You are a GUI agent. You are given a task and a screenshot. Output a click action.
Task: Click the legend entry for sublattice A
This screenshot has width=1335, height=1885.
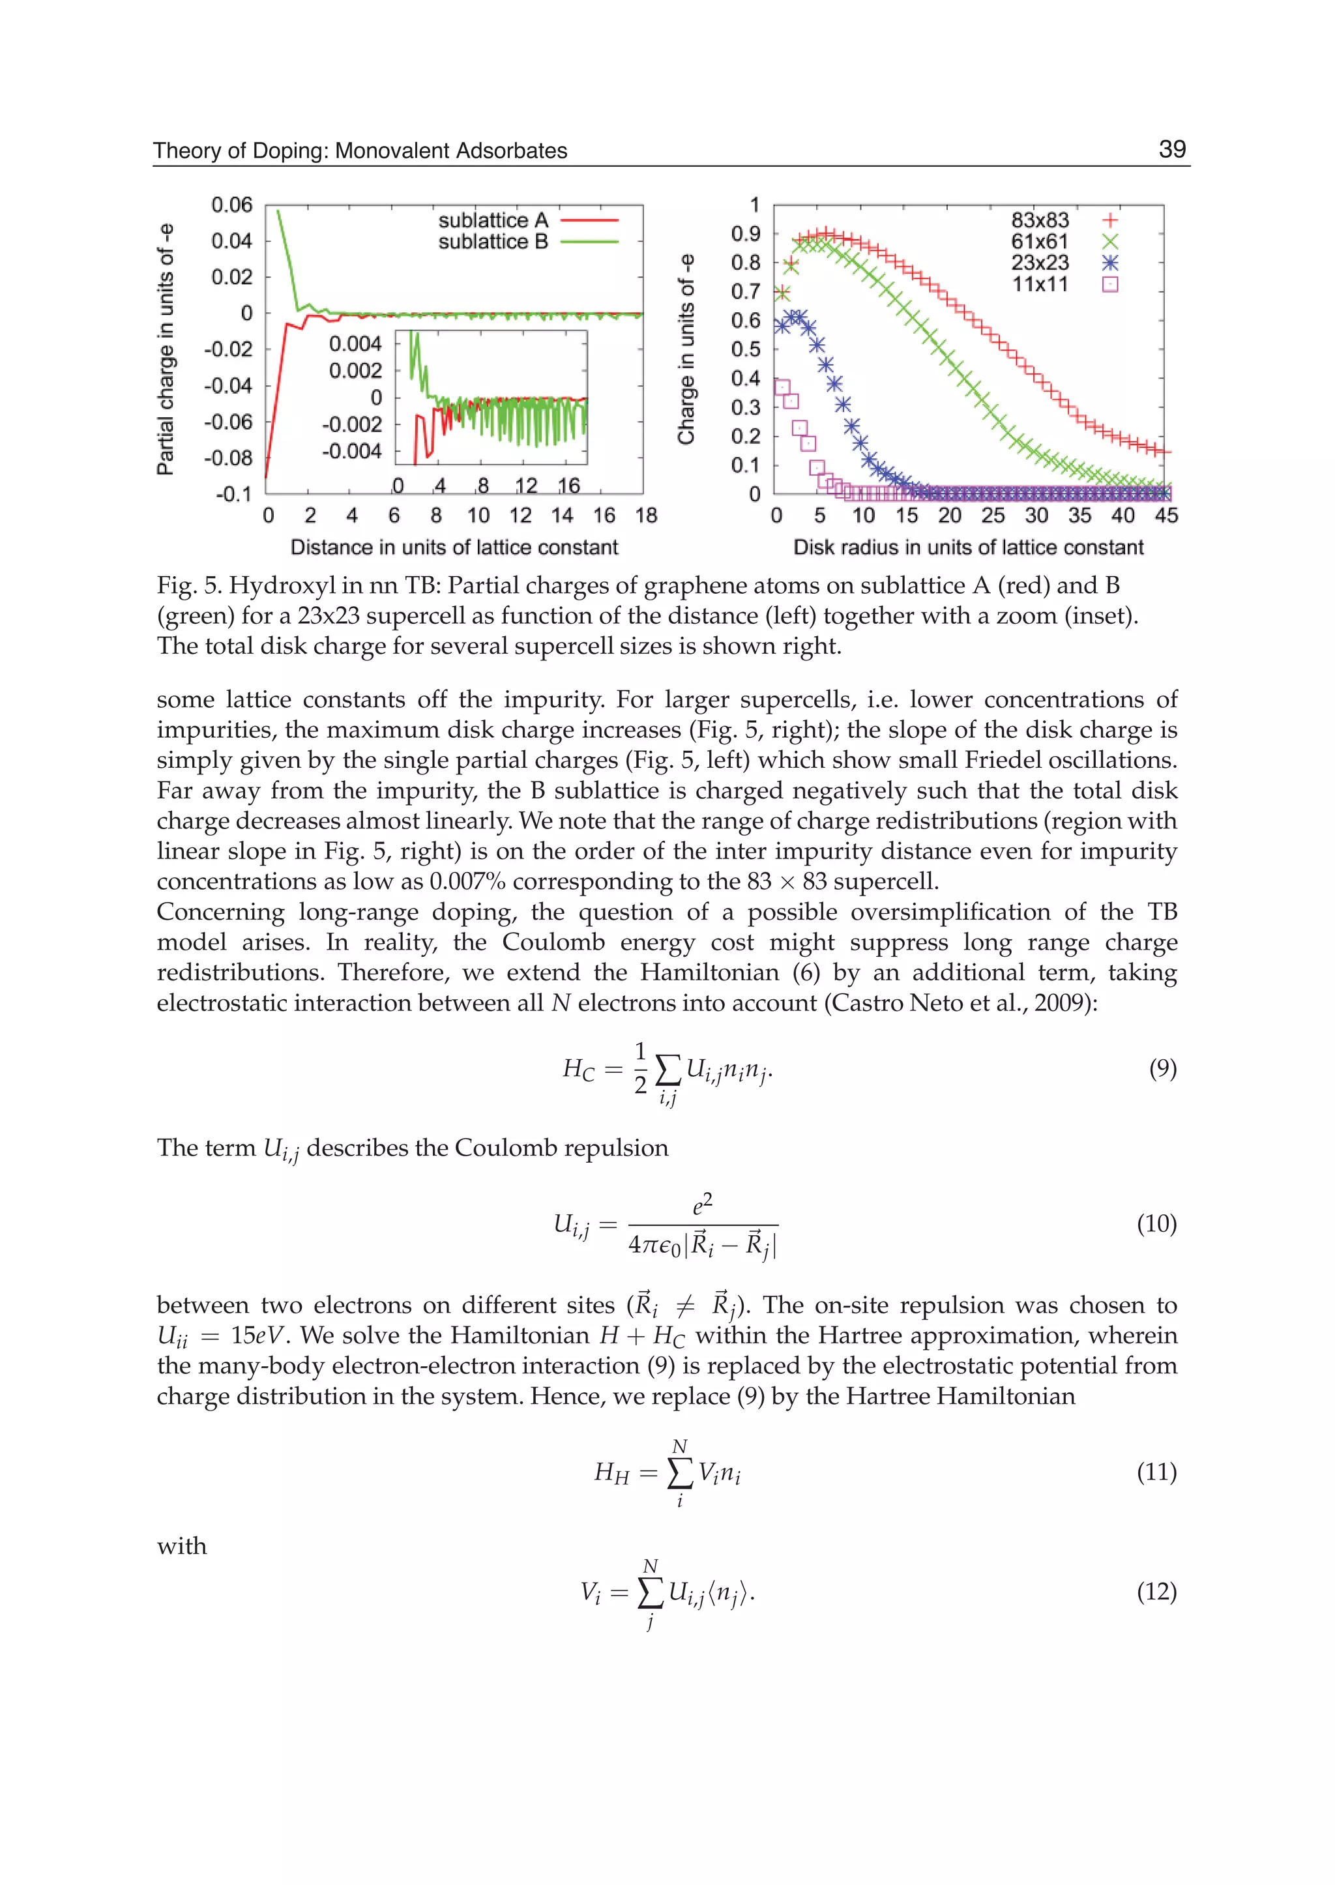coord(526,220)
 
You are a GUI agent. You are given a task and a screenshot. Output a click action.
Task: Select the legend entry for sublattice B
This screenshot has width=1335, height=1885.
coord(526,242)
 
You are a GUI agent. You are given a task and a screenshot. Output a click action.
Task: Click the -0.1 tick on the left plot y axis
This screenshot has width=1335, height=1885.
coord(233,494)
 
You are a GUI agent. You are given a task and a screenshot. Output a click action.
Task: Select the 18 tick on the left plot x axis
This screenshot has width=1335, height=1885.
coord(646,516)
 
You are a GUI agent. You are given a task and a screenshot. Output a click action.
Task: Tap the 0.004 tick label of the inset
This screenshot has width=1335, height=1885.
coord(355,343)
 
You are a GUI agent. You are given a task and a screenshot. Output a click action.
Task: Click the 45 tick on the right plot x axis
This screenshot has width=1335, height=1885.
coord(1166,516)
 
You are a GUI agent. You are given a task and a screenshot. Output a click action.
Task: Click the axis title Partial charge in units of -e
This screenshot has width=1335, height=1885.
coord(165,349)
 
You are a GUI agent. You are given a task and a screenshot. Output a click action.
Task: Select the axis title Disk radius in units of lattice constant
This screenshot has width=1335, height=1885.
coord(967,548)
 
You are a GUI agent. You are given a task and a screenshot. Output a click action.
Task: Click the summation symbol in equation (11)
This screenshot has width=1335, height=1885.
coord(679,1472)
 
